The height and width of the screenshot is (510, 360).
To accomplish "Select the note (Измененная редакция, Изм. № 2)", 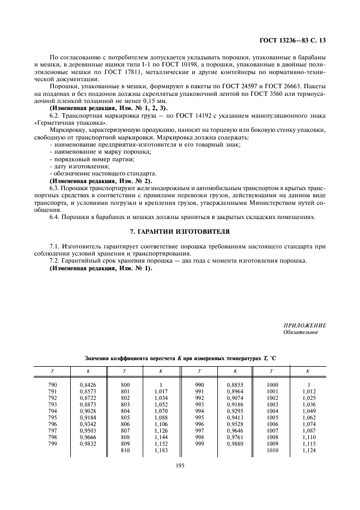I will pos(101,180).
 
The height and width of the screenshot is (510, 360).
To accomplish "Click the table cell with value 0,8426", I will pos(88,384).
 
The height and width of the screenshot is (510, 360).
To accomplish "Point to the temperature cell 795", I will pos(52,417).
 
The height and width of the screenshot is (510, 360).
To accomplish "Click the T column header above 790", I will pos(52,371).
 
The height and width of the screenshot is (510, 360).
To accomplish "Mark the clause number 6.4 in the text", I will pos(55,217).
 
